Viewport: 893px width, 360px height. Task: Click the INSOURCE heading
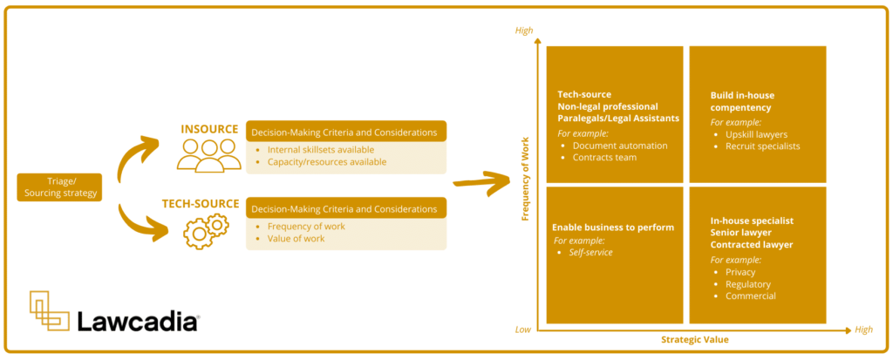209,129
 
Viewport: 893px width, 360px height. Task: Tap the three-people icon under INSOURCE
208,155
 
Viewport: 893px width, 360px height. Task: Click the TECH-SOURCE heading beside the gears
201,204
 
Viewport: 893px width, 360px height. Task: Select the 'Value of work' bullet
297,239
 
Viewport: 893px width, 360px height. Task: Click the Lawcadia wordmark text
138,322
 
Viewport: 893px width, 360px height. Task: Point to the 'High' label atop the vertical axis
524,31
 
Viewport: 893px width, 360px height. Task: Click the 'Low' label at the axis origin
523,329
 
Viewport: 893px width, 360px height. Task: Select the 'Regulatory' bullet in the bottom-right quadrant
747,284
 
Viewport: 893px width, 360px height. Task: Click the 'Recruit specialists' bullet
762,146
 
